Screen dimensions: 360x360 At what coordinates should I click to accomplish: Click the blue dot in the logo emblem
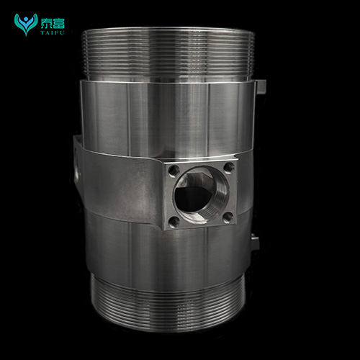tap(26, 19)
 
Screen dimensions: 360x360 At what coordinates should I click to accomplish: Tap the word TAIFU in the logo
tap(53, 32)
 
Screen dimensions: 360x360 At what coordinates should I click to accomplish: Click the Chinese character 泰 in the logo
tap(46, 24)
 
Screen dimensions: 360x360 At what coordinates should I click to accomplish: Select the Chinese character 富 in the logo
tap(59, 24)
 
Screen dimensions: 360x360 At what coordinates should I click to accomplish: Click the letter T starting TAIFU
tap(42, 32)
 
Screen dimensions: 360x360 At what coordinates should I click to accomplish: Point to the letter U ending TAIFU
tap(63, 32)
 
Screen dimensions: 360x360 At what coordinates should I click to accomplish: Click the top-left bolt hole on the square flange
tap(174, 171)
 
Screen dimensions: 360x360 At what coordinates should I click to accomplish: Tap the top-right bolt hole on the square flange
tap(229, 168)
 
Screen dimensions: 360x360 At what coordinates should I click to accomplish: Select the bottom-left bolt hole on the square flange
tap(174, 222)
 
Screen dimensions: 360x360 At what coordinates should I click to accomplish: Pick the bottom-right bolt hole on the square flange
tap(228, 217)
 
